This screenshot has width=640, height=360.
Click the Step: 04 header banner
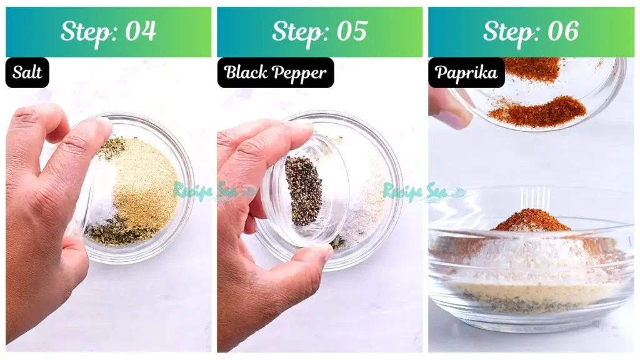[109, 32]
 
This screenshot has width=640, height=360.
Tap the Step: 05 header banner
[319, 32]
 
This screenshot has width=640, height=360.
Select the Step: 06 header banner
[531, 32]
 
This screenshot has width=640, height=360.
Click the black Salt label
[27, 72]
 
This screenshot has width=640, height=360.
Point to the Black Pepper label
[276, 72]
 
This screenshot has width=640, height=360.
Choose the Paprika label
[466, 72]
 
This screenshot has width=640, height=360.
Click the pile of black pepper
[303, 191]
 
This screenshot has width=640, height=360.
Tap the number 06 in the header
[563, 31]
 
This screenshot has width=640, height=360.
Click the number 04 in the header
[141, 31]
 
